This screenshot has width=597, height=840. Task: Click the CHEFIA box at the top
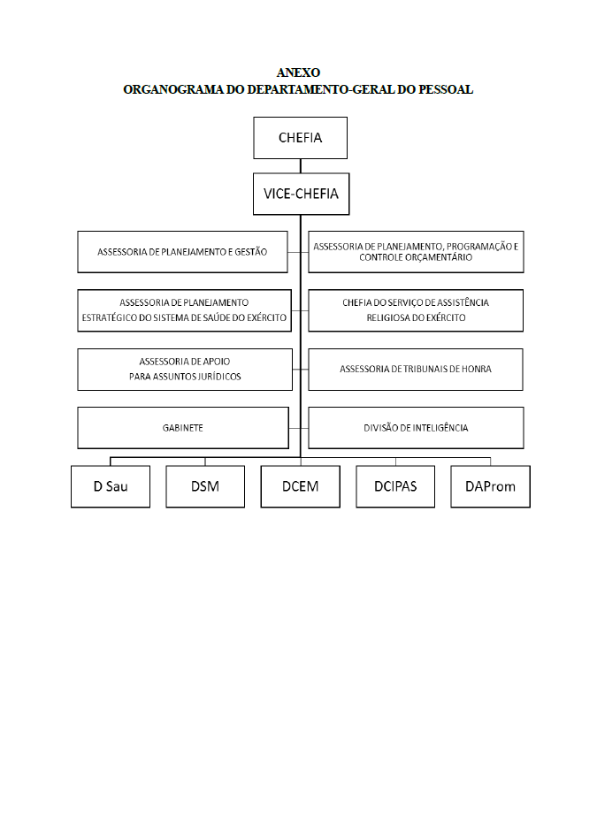click(x=300, y=138)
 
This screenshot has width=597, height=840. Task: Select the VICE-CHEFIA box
click(x=302, y=194)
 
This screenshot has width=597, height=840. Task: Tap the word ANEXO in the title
click(x=299, y=73)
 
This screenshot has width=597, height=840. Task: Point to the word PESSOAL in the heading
click(x=446, y=89)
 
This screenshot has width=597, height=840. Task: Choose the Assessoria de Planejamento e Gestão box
click(x=182, y=252)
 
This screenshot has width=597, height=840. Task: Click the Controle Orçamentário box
click(x=416, y=252)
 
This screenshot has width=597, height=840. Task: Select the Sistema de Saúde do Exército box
click(x=184, y=310)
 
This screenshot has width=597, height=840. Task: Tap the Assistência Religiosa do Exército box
click(x=416, y=310)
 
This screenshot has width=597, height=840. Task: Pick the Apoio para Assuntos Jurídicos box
click(x=185, y=370)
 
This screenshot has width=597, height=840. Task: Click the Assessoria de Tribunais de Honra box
click(x=416, y=370)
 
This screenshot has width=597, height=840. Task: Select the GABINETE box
click(x=183, y=428)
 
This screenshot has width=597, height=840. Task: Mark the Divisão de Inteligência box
click(x=416, y=428)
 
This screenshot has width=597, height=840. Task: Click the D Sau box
click(x=111, y=486)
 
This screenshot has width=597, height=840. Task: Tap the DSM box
click(x=205, y=486)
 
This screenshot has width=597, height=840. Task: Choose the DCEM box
click(x=300, y=486)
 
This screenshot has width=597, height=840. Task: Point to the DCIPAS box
click(x=395, y=486)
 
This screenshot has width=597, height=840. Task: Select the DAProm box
click(x=490, y=486)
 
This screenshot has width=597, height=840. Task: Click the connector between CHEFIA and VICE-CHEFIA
click(x=300, y=166)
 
